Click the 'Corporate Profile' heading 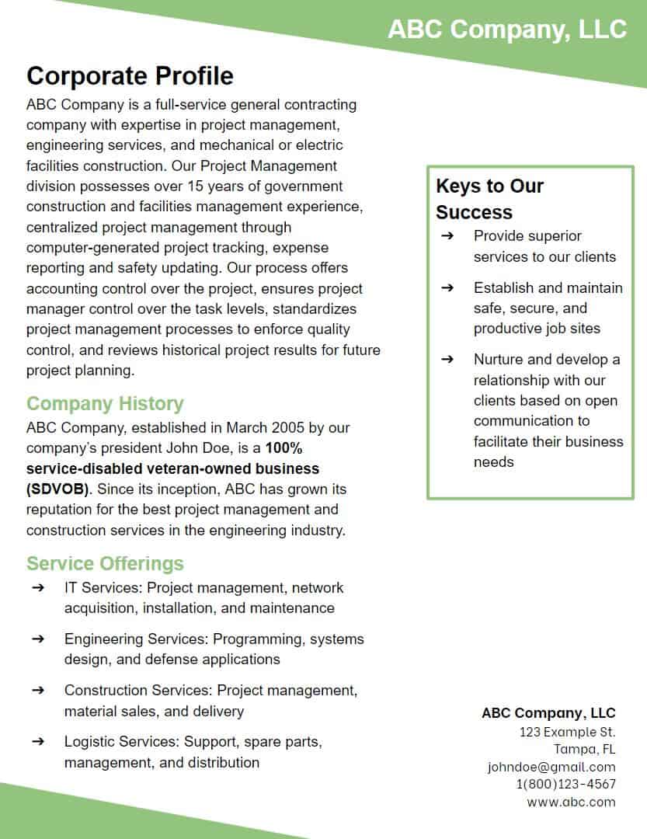(130, 76)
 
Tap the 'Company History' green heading (105, 404)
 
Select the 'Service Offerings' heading (105, 563)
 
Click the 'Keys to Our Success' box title (489, 199)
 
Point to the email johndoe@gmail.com (551, 767)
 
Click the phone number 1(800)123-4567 (565, 785)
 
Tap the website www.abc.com (571, 802)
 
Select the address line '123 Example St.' (567, 732)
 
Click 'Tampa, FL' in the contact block (584, 750)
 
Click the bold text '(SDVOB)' (57, 489)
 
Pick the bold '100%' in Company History (283, 448)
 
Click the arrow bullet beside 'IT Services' (38, 588)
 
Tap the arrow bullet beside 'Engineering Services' (38, 639)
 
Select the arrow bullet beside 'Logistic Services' (38, 742)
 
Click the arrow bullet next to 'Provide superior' (447, 236)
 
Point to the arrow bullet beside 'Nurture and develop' (447, 360)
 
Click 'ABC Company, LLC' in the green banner (506, 30)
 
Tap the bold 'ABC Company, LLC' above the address (548, 713)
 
